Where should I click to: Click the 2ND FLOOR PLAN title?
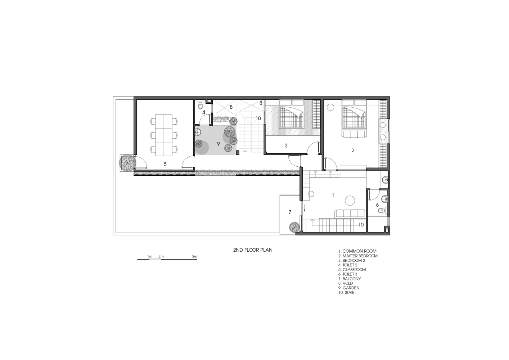[253, 250]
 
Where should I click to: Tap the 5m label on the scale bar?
[194, 256]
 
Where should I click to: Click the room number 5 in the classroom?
[165, 164]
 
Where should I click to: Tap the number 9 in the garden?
[219, 144]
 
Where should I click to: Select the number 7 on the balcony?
[290, 212]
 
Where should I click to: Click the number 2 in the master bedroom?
[353, 150]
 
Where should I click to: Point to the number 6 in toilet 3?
[377, 205]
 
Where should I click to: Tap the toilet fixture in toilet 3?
[383, 211]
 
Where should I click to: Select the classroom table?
[163, 135]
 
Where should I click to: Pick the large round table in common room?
[350, 201]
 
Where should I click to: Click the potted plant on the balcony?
[294, 227]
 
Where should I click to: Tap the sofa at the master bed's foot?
[354, 134]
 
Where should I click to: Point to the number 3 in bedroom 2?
[286, 145]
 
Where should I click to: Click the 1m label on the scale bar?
[150, 256]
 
